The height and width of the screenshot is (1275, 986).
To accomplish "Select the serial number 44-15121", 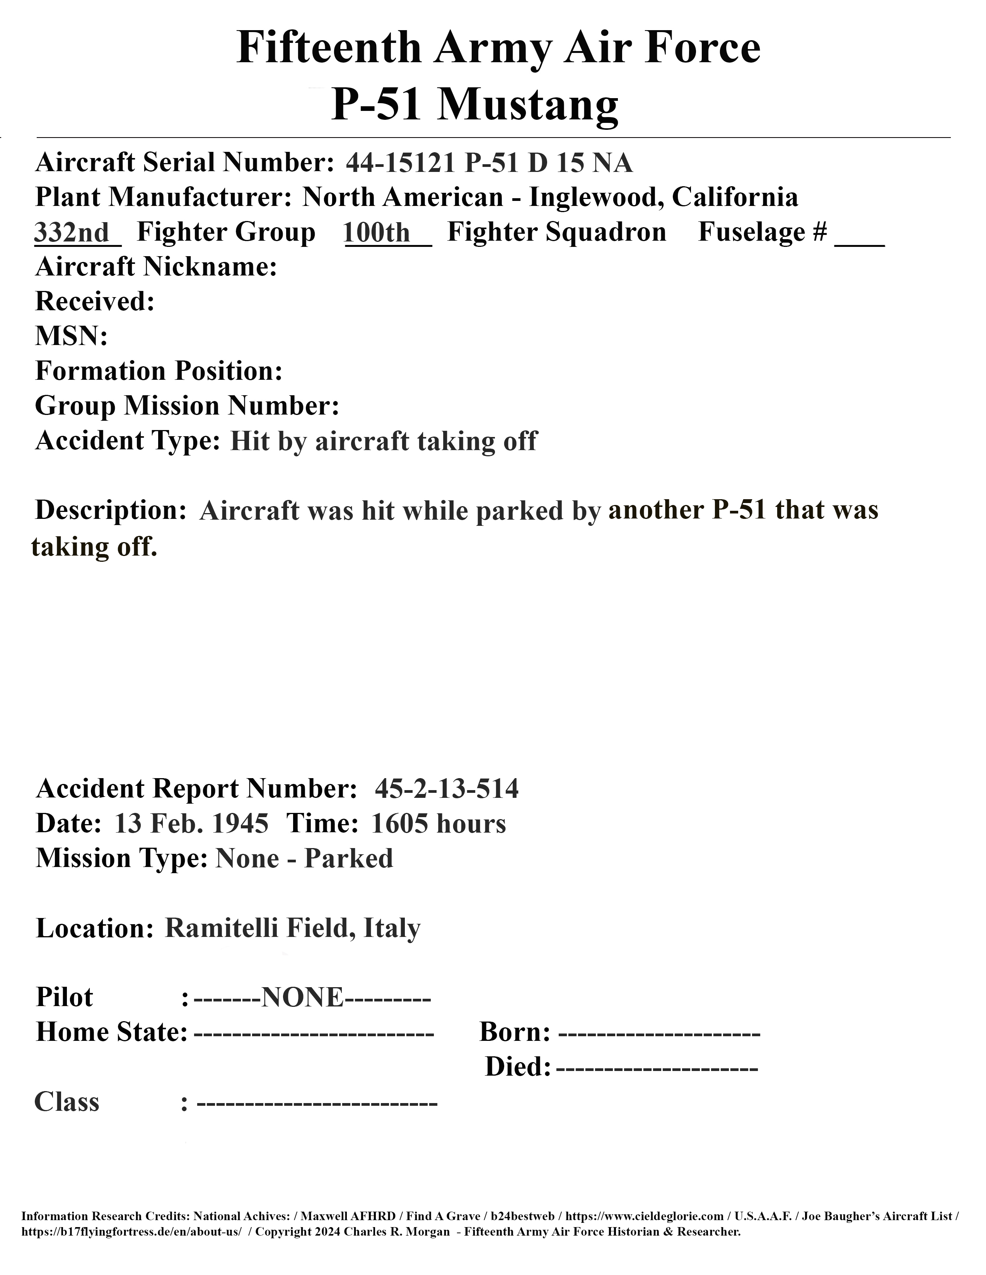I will click(x=399, y=163).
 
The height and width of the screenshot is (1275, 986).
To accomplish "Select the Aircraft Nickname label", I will click(x=156, y=267).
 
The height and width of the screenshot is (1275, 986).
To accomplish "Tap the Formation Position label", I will click(x=159, y=371).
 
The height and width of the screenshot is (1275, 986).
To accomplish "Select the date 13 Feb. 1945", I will click(x=191, y=824).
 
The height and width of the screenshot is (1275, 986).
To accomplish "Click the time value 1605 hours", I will click(x=438, y=824).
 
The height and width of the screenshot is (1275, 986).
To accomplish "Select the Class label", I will click(x=67, y=1102).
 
